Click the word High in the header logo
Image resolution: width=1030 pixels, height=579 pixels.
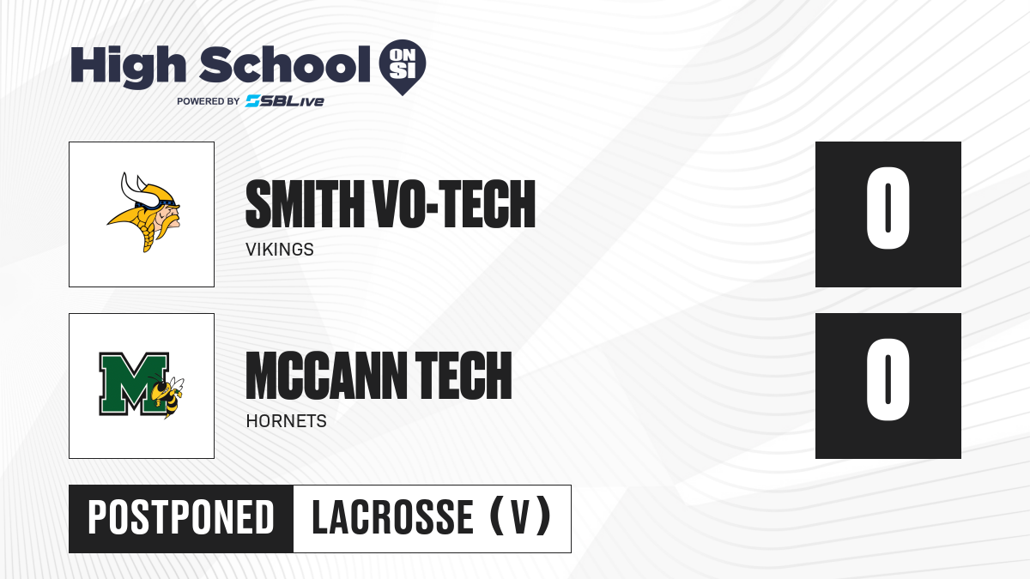tap(128, 67)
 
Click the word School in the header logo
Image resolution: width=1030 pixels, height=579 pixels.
tap(285, 64)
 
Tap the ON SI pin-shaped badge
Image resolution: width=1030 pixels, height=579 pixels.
tap(403, 67)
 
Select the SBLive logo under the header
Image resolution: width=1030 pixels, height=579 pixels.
tap(284, 101)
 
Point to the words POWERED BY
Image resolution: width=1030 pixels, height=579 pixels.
tap(209, 101)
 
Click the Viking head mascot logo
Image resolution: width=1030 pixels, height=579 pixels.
tap(144, 213)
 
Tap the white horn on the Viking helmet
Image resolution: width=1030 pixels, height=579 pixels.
tap(139, 190)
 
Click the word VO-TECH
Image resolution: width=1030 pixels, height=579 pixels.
tap(455, 204)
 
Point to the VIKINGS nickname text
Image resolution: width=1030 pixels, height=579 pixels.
tap(280, 250)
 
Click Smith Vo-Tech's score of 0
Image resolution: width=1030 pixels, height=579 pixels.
tap(888, 208)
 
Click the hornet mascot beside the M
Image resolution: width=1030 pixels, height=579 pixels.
tap(167, 395)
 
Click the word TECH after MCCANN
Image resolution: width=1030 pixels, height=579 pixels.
tap(463, 376)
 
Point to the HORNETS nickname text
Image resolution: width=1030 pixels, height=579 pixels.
tap(286, 421)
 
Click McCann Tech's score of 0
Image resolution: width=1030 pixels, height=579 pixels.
tap(888, 379)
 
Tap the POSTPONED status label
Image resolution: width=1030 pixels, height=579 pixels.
tap(181, 518)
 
